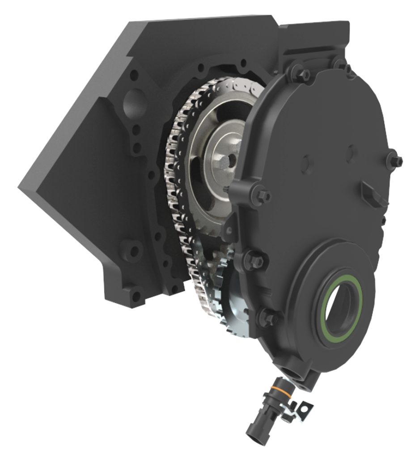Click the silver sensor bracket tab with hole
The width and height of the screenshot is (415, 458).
pyautogui.click(x=305, y=408)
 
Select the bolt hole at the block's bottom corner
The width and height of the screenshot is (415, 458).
pyautogui.click(x=135, y=295)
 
